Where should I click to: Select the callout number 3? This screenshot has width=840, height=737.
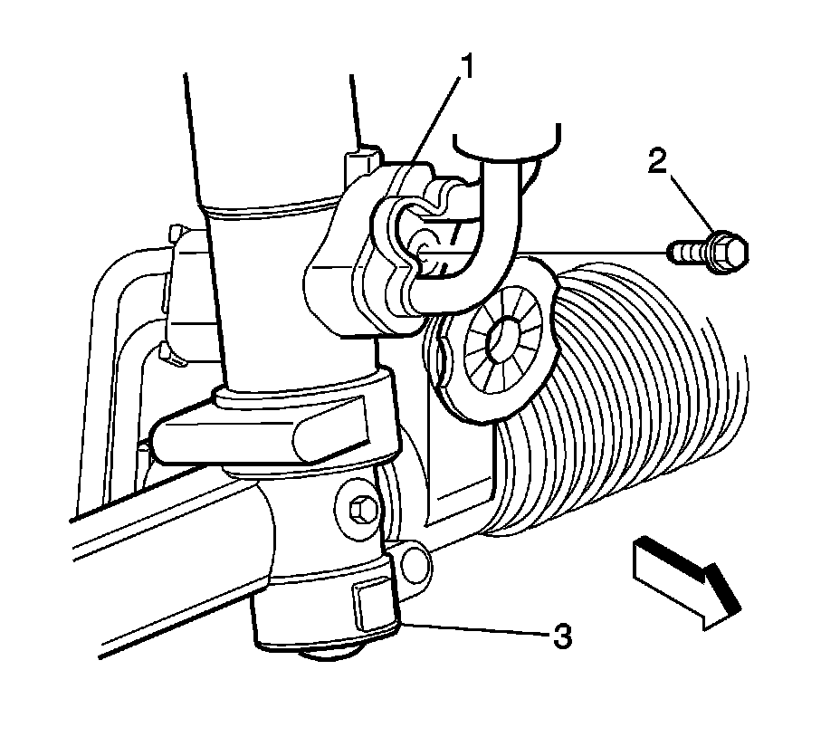pyautogui.click(x=562, y=636)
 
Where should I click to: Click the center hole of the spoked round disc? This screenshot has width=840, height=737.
pyautogui.click(x=501, y=342)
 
